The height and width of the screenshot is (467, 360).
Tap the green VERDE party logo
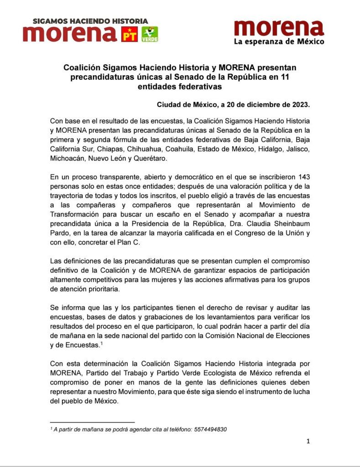[150, 35]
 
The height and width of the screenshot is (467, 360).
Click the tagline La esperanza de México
[279, 42]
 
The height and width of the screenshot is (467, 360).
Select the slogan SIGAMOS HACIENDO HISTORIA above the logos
[90, 21]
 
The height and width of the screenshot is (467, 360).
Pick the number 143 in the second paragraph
[301, 176]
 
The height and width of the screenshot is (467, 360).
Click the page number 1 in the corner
[308, 441]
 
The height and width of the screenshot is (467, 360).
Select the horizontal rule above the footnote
[92, 423]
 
